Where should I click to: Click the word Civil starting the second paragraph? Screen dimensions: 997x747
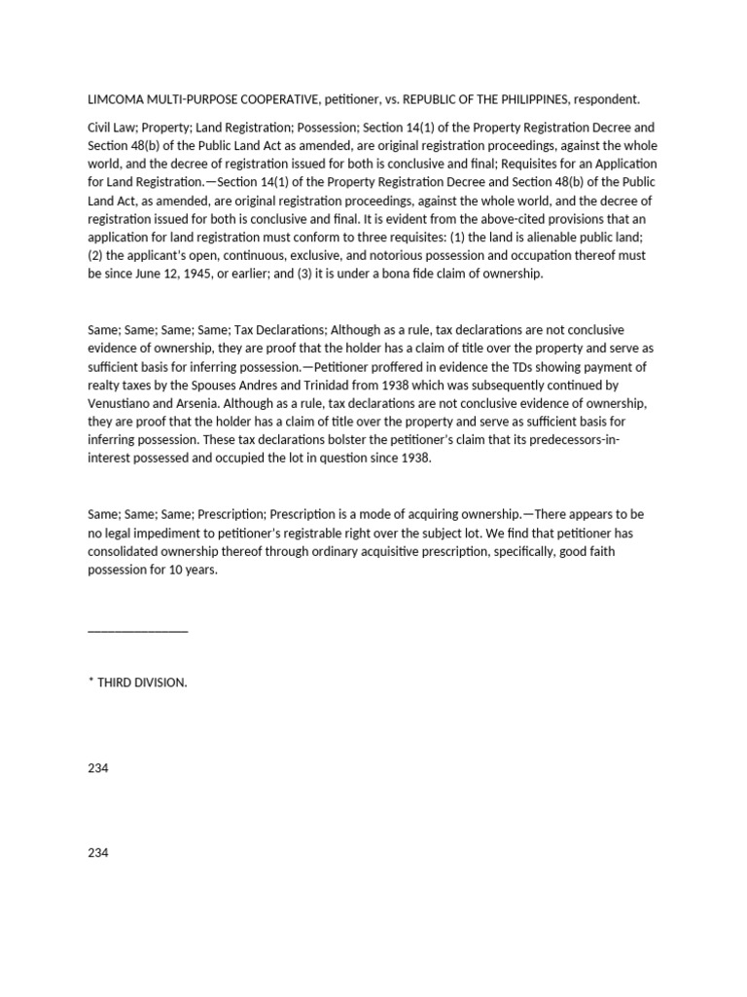pos(101,128)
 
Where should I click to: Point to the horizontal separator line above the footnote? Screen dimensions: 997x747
pos(137,631)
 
